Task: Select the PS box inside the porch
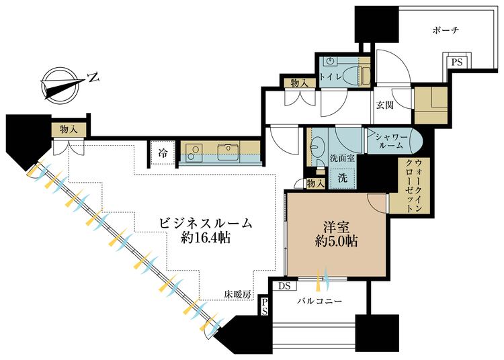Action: [456, 62]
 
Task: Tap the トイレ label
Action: [330, 77]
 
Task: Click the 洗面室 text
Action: [337, 161]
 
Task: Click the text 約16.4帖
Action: [205, 238]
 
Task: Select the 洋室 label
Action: [336, 226]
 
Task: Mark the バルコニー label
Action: [320, 302]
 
